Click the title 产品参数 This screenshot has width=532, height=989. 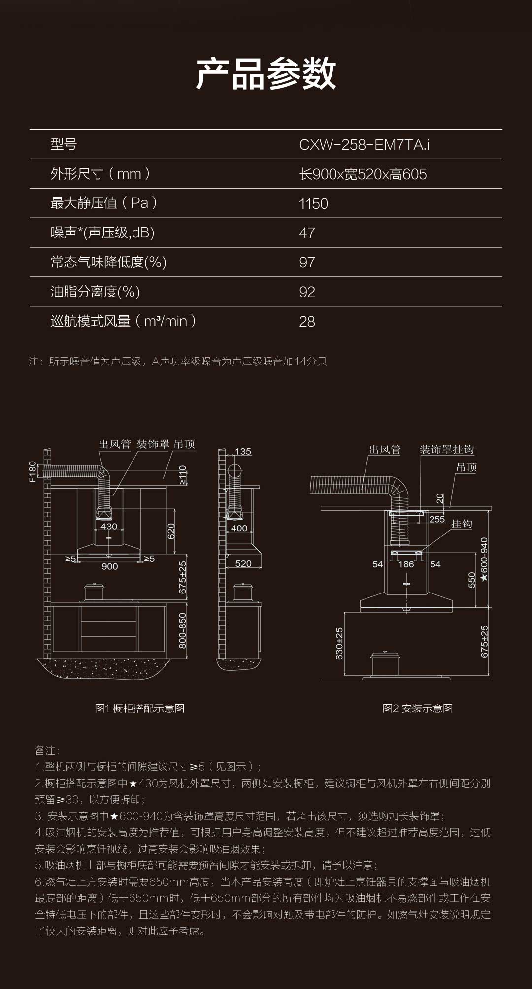(266, 74)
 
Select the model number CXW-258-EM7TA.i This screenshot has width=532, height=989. (364, 145)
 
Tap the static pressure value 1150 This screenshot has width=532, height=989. (313, 204)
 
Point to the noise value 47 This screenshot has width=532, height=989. (307, 233)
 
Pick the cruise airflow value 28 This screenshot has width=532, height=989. (307, 322)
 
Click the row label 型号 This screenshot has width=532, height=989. (64, 144)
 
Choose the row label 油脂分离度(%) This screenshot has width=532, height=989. (95, 292)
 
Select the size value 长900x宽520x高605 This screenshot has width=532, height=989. (363, 174)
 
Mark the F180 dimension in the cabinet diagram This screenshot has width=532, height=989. (33, 471)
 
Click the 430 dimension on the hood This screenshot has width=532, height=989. (109, 527)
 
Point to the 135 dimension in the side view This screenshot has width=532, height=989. (243, 452)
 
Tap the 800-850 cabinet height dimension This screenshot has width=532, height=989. (182, 630)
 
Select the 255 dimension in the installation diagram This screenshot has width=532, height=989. (437, 519)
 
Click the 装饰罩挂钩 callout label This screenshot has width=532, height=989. (447, 450)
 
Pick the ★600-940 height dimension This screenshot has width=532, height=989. (484, 560)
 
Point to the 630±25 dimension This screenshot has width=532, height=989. (339, 643)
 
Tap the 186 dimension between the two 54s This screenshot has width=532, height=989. (406, 564)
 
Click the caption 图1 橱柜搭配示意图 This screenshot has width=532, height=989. (139, 708)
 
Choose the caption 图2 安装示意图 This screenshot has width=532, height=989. (417, 708)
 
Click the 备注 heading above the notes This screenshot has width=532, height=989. (47, 750)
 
